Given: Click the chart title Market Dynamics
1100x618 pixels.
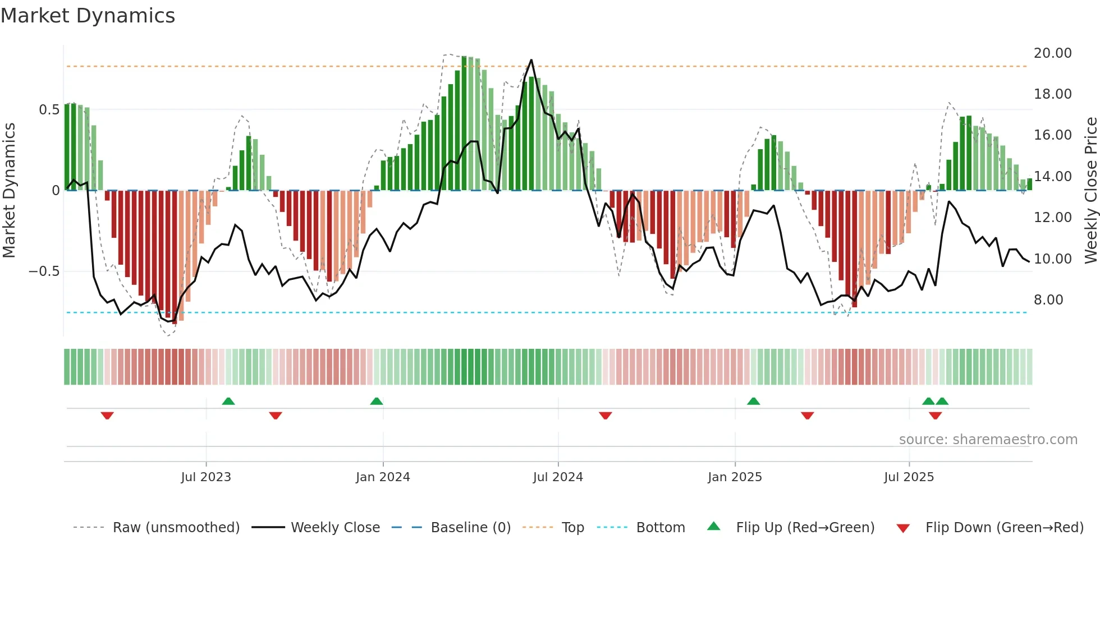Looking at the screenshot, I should tap(88, 16).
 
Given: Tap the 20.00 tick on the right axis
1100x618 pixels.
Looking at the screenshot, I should tap(1052, 53).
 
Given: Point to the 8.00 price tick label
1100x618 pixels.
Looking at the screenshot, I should tap(1048, 300).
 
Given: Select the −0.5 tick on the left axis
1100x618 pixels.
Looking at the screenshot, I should tap(44, 271).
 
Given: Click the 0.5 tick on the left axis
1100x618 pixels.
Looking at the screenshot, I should tap(49, 110).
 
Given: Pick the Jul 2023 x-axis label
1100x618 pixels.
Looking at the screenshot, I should tap(206, 477).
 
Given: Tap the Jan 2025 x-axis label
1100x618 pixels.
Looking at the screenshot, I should tap(735, 477).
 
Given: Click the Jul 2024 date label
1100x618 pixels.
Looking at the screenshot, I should tap(558, 477).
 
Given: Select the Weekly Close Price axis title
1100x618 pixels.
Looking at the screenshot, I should tap(1090, 190).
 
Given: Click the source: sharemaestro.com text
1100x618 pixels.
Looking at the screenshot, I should tap(988, 440).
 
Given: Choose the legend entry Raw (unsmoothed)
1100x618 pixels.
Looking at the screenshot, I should tap(176, 528).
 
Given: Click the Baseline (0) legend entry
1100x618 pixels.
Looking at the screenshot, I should tap(470, 528).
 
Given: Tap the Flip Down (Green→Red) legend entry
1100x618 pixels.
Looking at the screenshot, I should tap(1004, 528).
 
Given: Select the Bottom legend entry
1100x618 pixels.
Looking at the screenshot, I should tap(660, 528).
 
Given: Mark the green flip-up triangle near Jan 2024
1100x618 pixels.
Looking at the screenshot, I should tap(377, 402).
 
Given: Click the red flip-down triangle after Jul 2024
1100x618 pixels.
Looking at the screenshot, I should tap(605, 416).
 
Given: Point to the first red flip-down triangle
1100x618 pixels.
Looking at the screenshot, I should tap(107, 416).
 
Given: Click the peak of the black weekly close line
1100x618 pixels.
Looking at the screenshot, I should tap(531, 60).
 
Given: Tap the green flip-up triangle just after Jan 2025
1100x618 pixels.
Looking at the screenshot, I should tap(753, 402).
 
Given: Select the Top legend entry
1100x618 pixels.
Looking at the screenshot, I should tap(572, 528).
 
